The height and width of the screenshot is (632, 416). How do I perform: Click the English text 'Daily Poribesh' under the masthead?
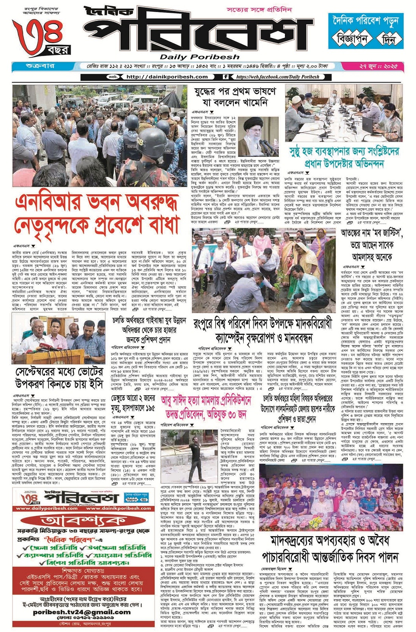tap(200, 57)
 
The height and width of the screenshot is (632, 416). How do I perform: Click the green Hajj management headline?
tap(344, 158)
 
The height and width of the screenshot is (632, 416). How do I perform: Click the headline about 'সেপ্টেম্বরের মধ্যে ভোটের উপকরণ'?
tap(59, 378)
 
